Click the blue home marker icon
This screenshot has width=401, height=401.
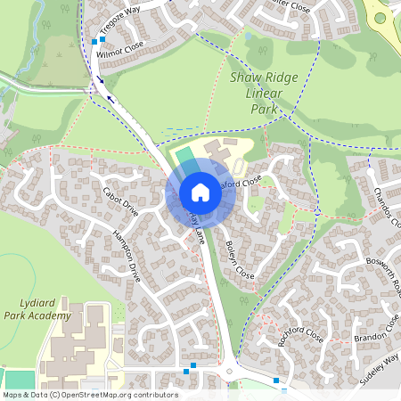tap(200, 192)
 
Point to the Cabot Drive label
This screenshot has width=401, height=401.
tap(120, 201)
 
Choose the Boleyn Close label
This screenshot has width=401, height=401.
tap(240, 258)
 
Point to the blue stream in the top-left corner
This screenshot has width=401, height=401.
tap(37, 22)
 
